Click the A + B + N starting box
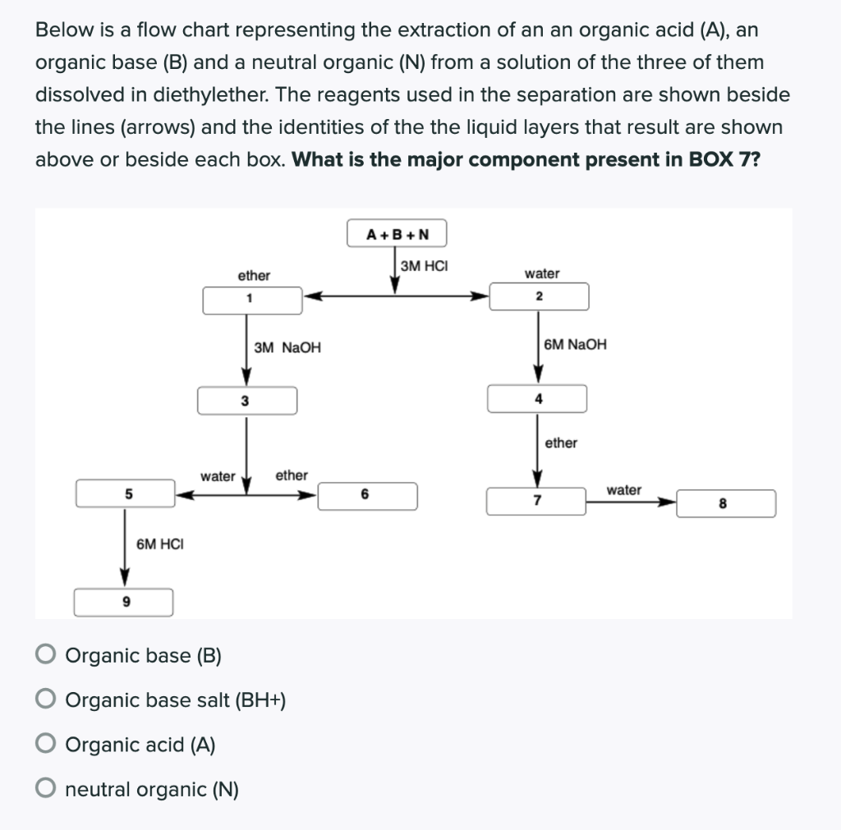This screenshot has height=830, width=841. point(398,234)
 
